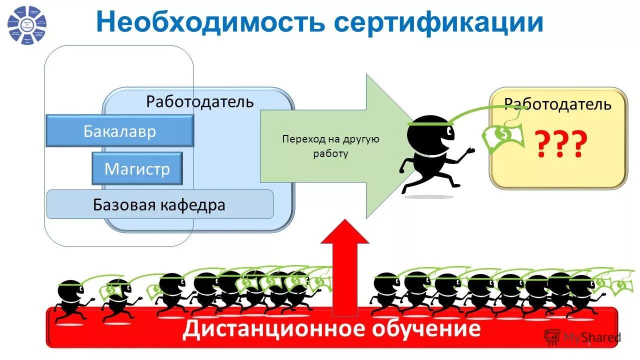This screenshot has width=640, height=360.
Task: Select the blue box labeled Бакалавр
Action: click(x=119, y=131)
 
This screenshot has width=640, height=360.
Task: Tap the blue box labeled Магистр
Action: click(x=137, y=169)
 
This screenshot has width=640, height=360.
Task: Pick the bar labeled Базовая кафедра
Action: click(x=159, y=204)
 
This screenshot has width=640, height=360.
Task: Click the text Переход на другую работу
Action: click(x=330, y=145)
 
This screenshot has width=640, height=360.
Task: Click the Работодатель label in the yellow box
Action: click(x=557, y=104)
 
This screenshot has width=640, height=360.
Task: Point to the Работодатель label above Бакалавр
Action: click(x=200, y=101)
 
